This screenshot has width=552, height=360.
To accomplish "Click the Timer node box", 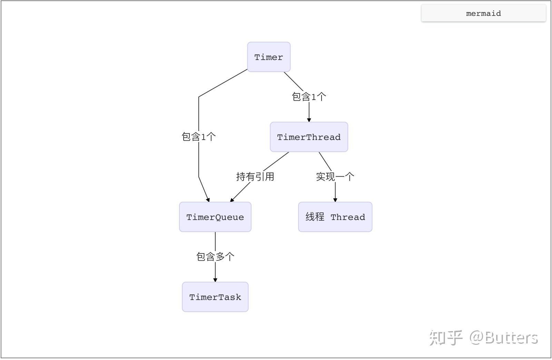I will pyautogui.click(x=269, y=57).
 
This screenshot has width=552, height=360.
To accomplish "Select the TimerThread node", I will pyautogui.click(x=309, y=137).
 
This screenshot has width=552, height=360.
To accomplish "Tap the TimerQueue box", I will pyautogui.click(x=215, y=217).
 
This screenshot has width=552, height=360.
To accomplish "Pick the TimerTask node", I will pyautogui.click(x=215, y=297).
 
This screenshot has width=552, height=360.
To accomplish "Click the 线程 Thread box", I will pyautogui.click(x=335, y=217).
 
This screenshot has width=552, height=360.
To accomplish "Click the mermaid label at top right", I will pyautogui.click(x=483, y=13).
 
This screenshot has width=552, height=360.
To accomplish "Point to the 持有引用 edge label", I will pyautogui.click(x=255, y=177).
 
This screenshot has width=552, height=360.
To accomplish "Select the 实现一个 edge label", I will pyautogui.click(x=335, y=177).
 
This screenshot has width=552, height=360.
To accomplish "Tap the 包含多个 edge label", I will pyautogui.click(x=215, y=257).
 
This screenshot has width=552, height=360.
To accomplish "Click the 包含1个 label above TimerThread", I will pyautogui.click(x=309, y=97).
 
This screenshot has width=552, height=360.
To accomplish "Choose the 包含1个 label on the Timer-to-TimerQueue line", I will pyautogui.click(x=199, y=137).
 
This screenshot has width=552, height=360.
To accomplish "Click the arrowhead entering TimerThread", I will pyautogui.click(x=309, y=120).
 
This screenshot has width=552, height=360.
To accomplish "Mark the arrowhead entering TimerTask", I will pyautogui.click(x=215, y=280).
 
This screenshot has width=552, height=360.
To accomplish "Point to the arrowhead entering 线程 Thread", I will pyautogui.click(x=335, y=200).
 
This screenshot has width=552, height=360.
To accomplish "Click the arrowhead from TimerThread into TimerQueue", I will pyautogui.click(x=232, y=200).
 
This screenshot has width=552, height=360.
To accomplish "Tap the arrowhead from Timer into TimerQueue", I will pyautogui.click(x=208, y=200).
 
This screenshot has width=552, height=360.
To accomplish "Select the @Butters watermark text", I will pyautogui.click(x=504, y=338).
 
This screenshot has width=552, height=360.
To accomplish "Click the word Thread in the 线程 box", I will pyautogui.click(x=348, y=217).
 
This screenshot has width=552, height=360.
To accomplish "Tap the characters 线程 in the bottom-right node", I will pyautogui.click(x=315, y=217).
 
